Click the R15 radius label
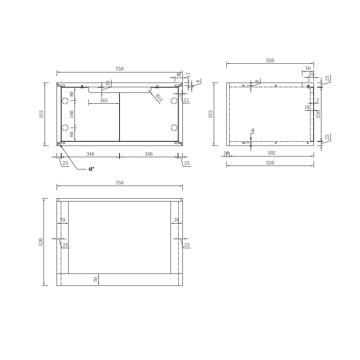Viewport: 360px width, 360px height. click(x=159, y=98)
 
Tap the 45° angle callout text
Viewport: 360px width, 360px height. click(x=91, y=169)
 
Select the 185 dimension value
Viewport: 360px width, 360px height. click(x=104, y=101)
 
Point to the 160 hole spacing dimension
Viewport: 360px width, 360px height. click(x=72, y=114)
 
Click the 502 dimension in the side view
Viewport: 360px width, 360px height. click(x=271, y=153)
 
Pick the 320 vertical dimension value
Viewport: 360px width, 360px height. click(x=318, y=114)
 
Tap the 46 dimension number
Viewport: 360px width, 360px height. click(x=179, y=75)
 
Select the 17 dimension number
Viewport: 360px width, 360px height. click(x=188, y=75)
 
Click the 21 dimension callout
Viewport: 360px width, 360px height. click(x=186, y=101)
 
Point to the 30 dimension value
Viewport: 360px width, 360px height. click(x=108, y=84)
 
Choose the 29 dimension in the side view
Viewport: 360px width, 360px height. click(x=311, y=75)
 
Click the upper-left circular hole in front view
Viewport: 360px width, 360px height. click(x=65, y=101)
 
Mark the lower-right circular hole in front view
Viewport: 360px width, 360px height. click(x=174, y=128)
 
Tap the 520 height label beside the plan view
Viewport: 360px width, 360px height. click(x=41, y=242)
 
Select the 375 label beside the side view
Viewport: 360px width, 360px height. click(x=211, y=114)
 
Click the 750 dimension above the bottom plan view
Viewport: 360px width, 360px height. click(x=120, y=183)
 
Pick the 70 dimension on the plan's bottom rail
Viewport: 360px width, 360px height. click(x=95, y=280)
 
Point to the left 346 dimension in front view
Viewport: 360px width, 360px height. click(x=90, y=154)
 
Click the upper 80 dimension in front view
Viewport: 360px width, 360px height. click(x=72, y=94)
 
